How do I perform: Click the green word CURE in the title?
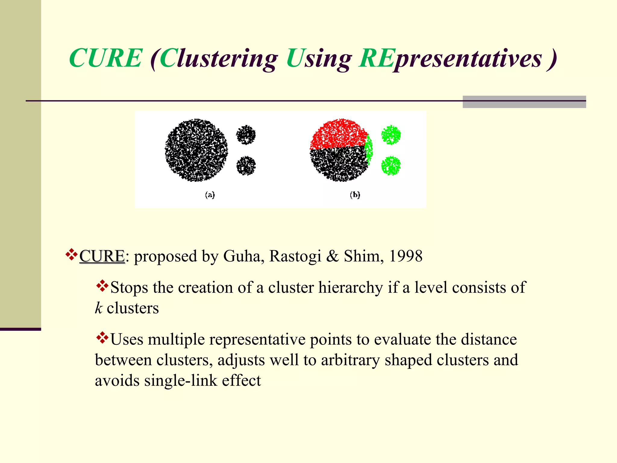tap(105, 58)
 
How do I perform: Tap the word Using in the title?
tap(319, 58)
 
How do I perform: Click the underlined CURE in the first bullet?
tap(102, 257)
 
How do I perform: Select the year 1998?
tap(406, 256)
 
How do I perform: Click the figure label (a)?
tap(210, 195)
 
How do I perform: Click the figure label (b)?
tap(355, 195)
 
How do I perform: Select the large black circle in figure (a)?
tap(196, 150)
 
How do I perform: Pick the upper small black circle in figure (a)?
tap(246, 135)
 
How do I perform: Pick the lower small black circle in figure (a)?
tap(246, 165)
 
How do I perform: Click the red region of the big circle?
tap(339, 134)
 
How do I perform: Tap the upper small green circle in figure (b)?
tap(391, 135)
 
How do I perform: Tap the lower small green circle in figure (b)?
tap(391, 165)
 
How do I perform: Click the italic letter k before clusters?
tap(99, 308)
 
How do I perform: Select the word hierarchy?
tap(351, 288)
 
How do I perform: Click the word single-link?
tap(181, 380)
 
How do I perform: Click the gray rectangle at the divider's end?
tap(524, 102)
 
